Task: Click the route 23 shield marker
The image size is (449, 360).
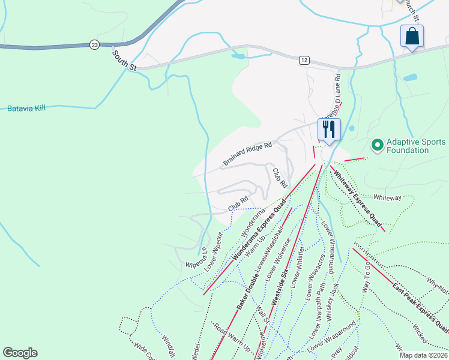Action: [x=94, y=44]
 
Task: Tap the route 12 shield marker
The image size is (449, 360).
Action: [x=305, y=59]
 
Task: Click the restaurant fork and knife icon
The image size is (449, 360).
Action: [x=328, y=130]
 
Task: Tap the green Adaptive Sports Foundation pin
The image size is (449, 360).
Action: [x=378, y=145]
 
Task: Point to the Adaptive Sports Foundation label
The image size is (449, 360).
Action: [x=416, y=146]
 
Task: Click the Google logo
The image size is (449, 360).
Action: [x=20, y=353]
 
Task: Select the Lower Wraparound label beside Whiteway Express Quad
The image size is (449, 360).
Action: [x=330, y=246]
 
